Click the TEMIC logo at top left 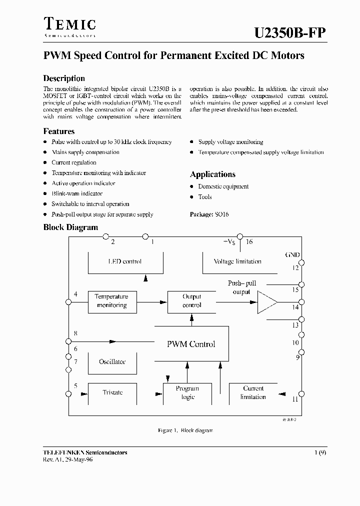pyautogui.click(x=70, y=26)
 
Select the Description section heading pyautogui.click(x=64, y=78)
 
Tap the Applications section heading pyautogui.click(x=212, y=174)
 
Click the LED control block pyautogui.click(x=125, y=261)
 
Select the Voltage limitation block pyautogui.click(x=237, y=261)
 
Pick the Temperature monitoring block pyautogui.click(x=112, y=301)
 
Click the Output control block pyautogui.click(x=192, y=301)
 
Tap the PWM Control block pyautogui.click(x=191, y=344)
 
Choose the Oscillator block pyautogui.click(x=112, y=362)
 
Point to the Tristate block pyautogui.click(x=112, y=393)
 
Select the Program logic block pyautogui.click(x=187, y=393)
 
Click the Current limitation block pyautogui.click(x=253, y=393)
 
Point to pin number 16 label pyautogui.click(x=249, y=242)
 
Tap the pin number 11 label pyautogui.click(x=295, y=399)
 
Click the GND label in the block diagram pyautogui.click(x=292, y=255)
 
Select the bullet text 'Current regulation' pyautogui.click(x=74, y=162)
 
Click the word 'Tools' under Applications pyautogui.click(x=205, y=197)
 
